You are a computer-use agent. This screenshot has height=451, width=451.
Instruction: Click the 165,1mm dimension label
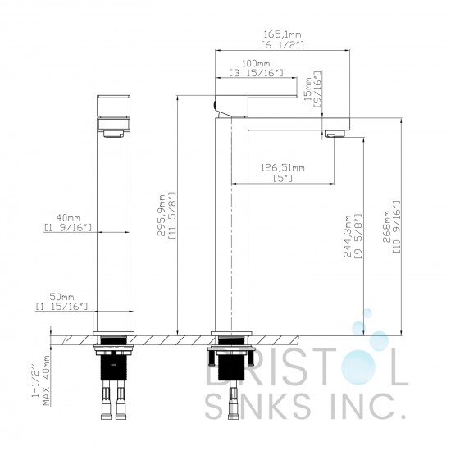tap(282, 34)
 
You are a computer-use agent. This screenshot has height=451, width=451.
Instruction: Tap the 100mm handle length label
tap(256, 63)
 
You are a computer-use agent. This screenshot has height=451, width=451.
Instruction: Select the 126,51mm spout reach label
tap(282, 167)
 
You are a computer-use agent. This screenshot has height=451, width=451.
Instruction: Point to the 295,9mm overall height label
tap(162, 215)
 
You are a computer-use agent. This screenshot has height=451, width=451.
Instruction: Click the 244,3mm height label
tap(348, 236)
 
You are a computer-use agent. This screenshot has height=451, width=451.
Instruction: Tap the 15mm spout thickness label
tap(307, 89)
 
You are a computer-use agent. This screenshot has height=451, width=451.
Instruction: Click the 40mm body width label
tap(68, 217)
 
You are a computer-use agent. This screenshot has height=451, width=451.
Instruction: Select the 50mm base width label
tap(61, 297)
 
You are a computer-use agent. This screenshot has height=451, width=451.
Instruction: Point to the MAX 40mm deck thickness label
tap(46, 380)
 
